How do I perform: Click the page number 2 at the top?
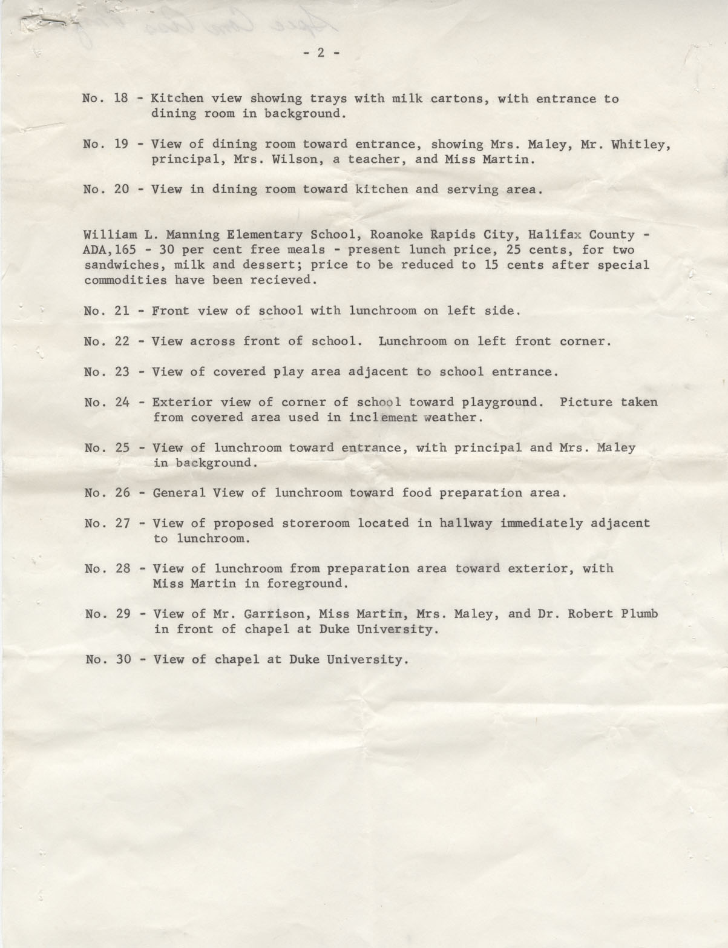[x=321, y=53]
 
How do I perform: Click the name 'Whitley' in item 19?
[x=644, y=144]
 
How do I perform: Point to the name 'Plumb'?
[x=639, y=614]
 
